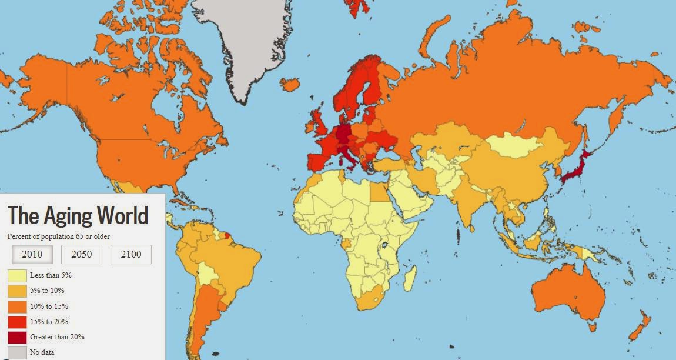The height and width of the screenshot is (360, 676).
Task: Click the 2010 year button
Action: point(32,254)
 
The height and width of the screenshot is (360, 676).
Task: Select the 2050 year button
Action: point(82,254)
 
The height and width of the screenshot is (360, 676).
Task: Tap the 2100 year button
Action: point(131,254)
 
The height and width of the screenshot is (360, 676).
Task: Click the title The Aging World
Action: point(78,216)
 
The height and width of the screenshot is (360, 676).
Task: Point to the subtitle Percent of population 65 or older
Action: point(59,236)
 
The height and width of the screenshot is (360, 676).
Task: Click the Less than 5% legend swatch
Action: point(17,275)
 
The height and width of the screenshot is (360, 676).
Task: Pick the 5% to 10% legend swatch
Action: point(17,291)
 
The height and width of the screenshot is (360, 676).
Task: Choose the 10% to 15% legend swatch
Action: point(17,306)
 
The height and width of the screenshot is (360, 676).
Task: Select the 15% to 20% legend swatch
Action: point(17,322)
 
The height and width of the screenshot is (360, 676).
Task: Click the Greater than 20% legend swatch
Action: point(17,338)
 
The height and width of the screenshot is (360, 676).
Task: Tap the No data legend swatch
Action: point(17,353)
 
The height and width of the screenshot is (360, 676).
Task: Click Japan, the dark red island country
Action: point(575,168)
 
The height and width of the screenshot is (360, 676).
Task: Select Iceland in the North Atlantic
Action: point(290,84)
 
